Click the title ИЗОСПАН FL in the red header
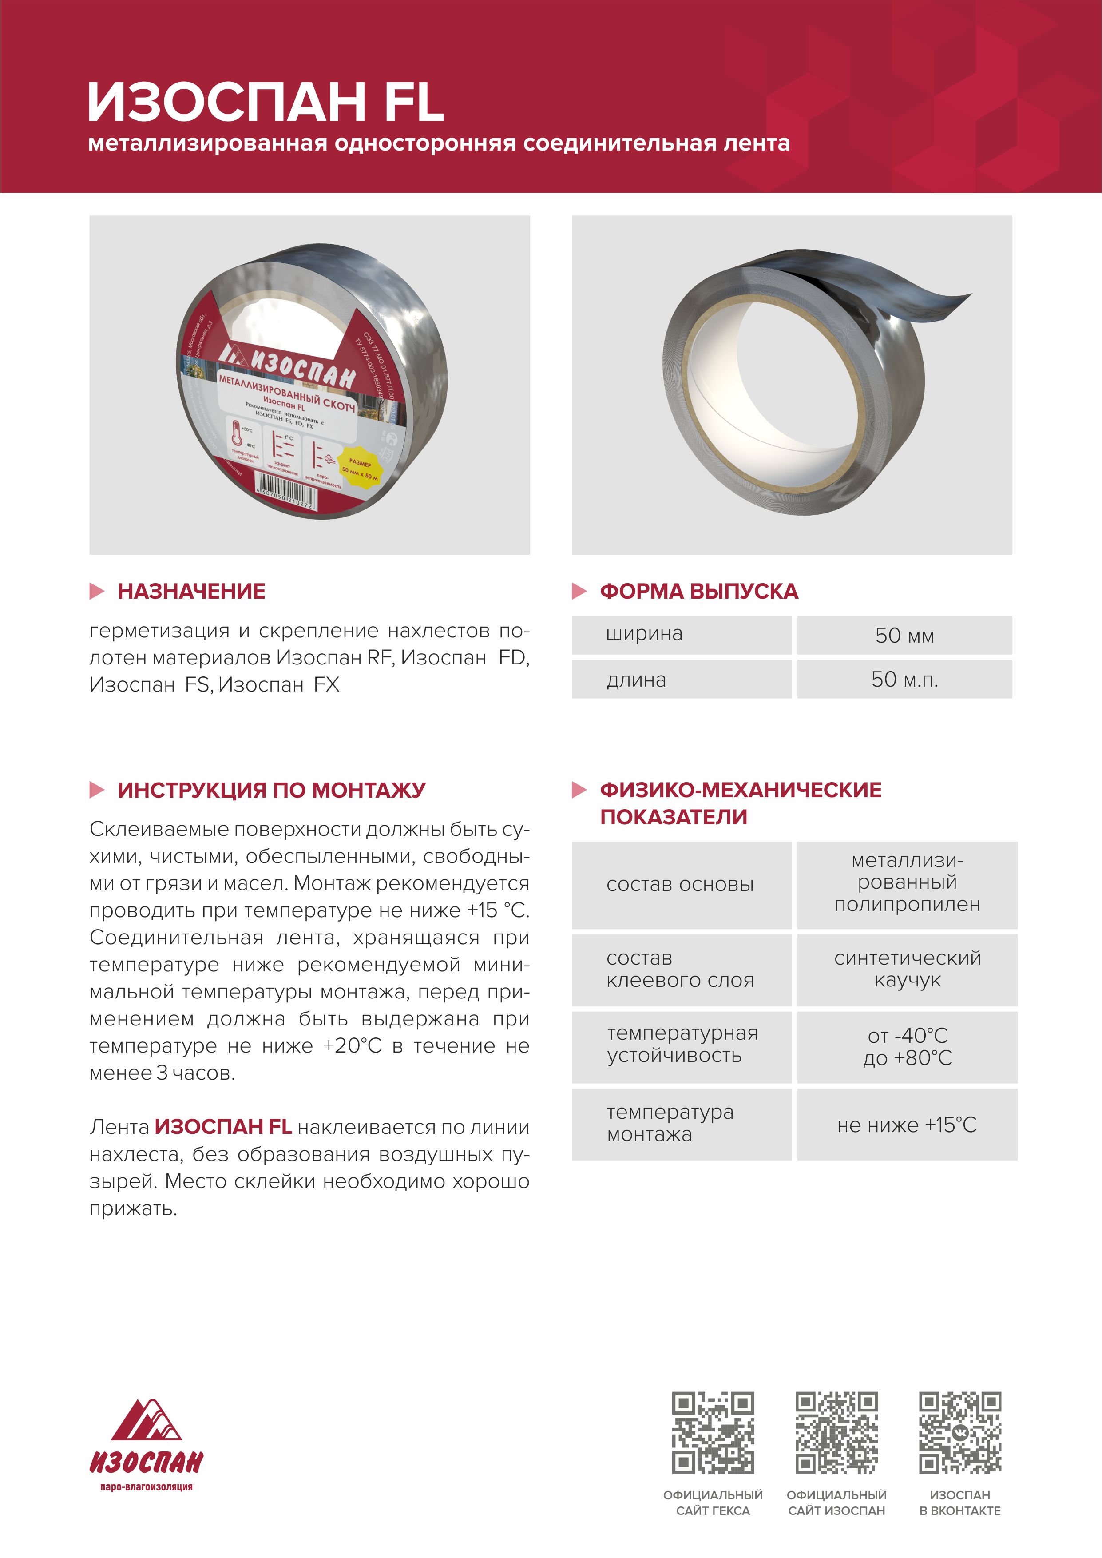click(x=266, y=102)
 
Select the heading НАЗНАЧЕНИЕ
click(x=191, y=591)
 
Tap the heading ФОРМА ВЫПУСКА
click(x=698, y=591)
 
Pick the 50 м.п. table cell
click(x=904, y=679)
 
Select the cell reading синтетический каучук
click(x=907, y=969)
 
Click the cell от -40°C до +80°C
click(x=907, y=1046)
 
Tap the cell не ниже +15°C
click(x=907, y=1125)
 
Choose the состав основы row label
click(x=680, y=885)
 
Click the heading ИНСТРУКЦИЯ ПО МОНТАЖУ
click(x=271, y=790)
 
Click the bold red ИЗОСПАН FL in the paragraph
click(x=223, y=1127)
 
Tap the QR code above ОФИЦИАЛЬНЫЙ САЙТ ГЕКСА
click(x=713, y=1432)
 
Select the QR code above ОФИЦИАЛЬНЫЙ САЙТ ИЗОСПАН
click(x=836, y=1432)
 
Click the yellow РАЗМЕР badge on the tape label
click(x=360, y=466)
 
